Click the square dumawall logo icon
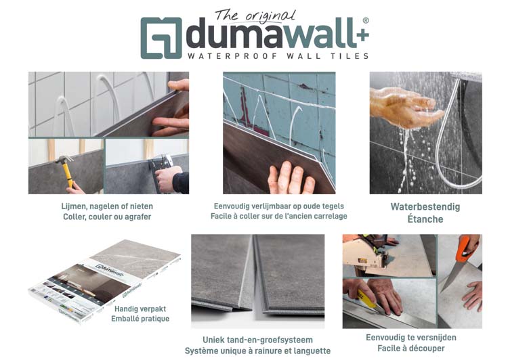[161, 38]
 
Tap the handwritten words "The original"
[255, 16]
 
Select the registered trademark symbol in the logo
[366, 20]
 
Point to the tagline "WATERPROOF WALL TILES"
[278, 56]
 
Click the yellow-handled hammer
[66, 170]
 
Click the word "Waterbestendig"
[425, 206]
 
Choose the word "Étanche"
[425, 219]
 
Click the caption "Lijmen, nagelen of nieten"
[107, 206]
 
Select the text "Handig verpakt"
[140, 309]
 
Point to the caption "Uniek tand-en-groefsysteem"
[257, 340]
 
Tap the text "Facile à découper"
[411, 348]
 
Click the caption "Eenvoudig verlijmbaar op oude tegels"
[278, 206]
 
